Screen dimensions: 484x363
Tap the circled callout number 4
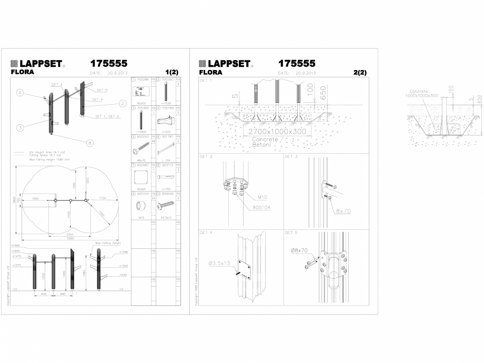19,93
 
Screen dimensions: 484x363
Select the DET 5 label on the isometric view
102,90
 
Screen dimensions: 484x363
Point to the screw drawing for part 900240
140,145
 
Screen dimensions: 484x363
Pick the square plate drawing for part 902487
140,176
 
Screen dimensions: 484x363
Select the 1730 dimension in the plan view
102,198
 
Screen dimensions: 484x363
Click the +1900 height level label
16,245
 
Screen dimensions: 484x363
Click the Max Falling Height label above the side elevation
108,243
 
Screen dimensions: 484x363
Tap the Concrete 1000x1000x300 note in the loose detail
423,93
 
